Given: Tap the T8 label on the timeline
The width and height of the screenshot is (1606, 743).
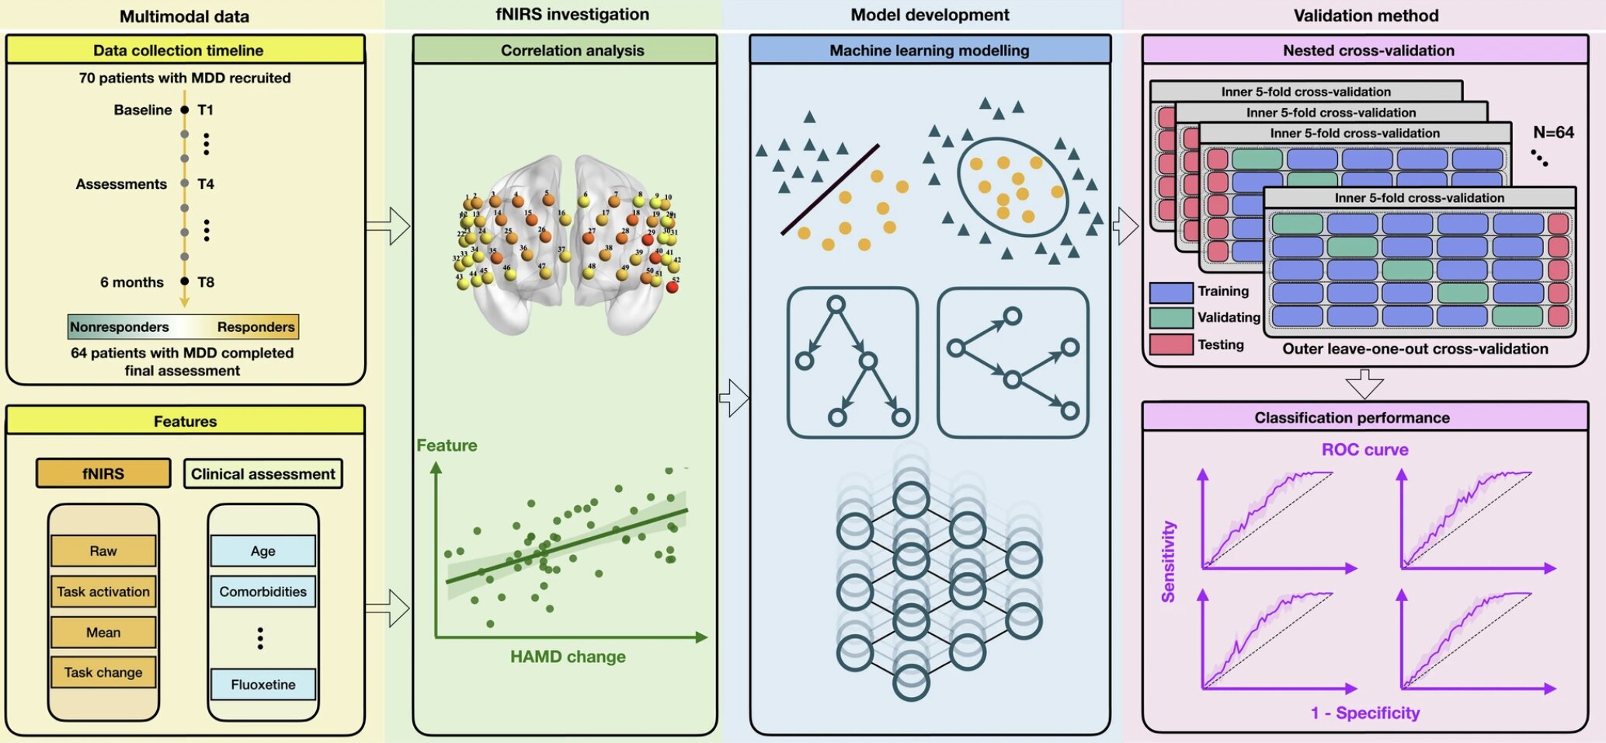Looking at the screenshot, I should point(206,282).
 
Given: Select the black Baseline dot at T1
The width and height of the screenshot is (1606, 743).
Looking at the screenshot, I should point(184,110).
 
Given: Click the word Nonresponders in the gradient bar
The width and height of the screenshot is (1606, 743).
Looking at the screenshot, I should point(120,327).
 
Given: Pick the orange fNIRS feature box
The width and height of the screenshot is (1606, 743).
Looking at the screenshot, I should point(103,473).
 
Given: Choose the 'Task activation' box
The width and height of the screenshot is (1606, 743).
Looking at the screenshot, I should point(103,591).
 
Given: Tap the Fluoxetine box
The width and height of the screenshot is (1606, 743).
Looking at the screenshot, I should point(262,685).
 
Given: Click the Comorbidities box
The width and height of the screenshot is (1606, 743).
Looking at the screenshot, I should point(262,591).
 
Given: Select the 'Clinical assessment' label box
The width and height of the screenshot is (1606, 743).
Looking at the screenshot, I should point(262,474).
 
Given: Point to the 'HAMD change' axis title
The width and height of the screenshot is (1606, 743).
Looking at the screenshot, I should point(568,657).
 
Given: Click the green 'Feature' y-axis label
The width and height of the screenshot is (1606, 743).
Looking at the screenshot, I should point(447,445).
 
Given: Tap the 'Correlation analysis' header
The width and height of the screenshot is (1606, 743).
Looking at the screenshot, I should point(572,51).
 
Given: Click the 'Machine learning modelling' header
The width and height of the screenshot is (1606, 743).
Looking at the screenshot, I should point(930,51).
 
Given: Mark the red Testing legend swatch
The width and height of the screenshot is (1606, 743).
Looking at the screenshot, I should point(1171,344).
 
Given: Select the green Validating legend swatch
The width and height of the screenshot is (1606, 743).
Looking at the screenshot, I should point(1171,317).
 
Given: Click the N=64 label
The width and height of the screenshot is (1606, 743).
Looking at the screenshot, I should point(1553,132).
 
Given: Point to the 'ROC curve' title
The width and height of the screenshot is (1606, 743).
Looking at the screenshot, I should point(1364,450).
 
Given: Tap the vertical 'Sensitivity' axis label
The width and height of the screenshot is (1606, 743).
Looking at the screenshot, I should point(1168,562).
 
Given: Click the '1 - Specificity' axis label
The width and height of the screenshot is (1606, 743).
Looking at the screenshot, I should point(1364,713).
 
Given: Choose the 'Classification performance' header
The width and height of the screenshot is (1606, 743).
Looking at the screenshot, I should point(1352,417).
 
